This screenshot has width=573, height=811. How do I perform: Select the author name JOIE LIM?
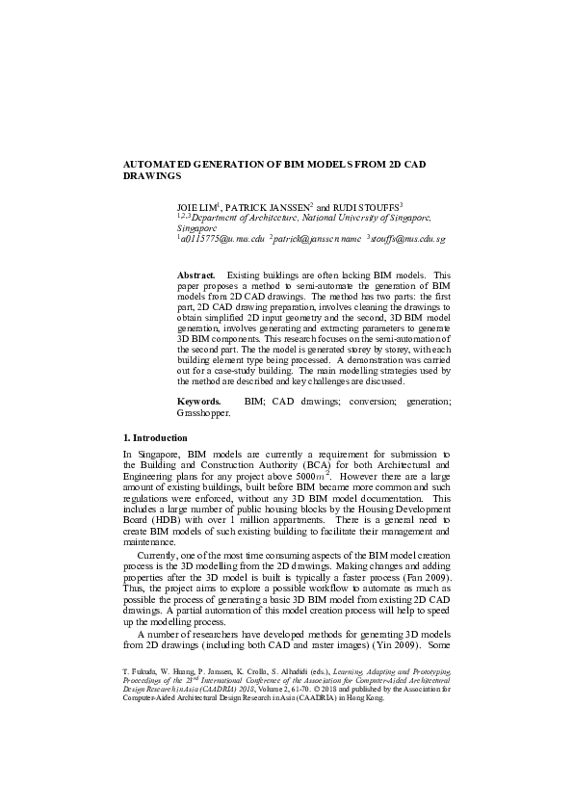[x=195, y=208]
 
